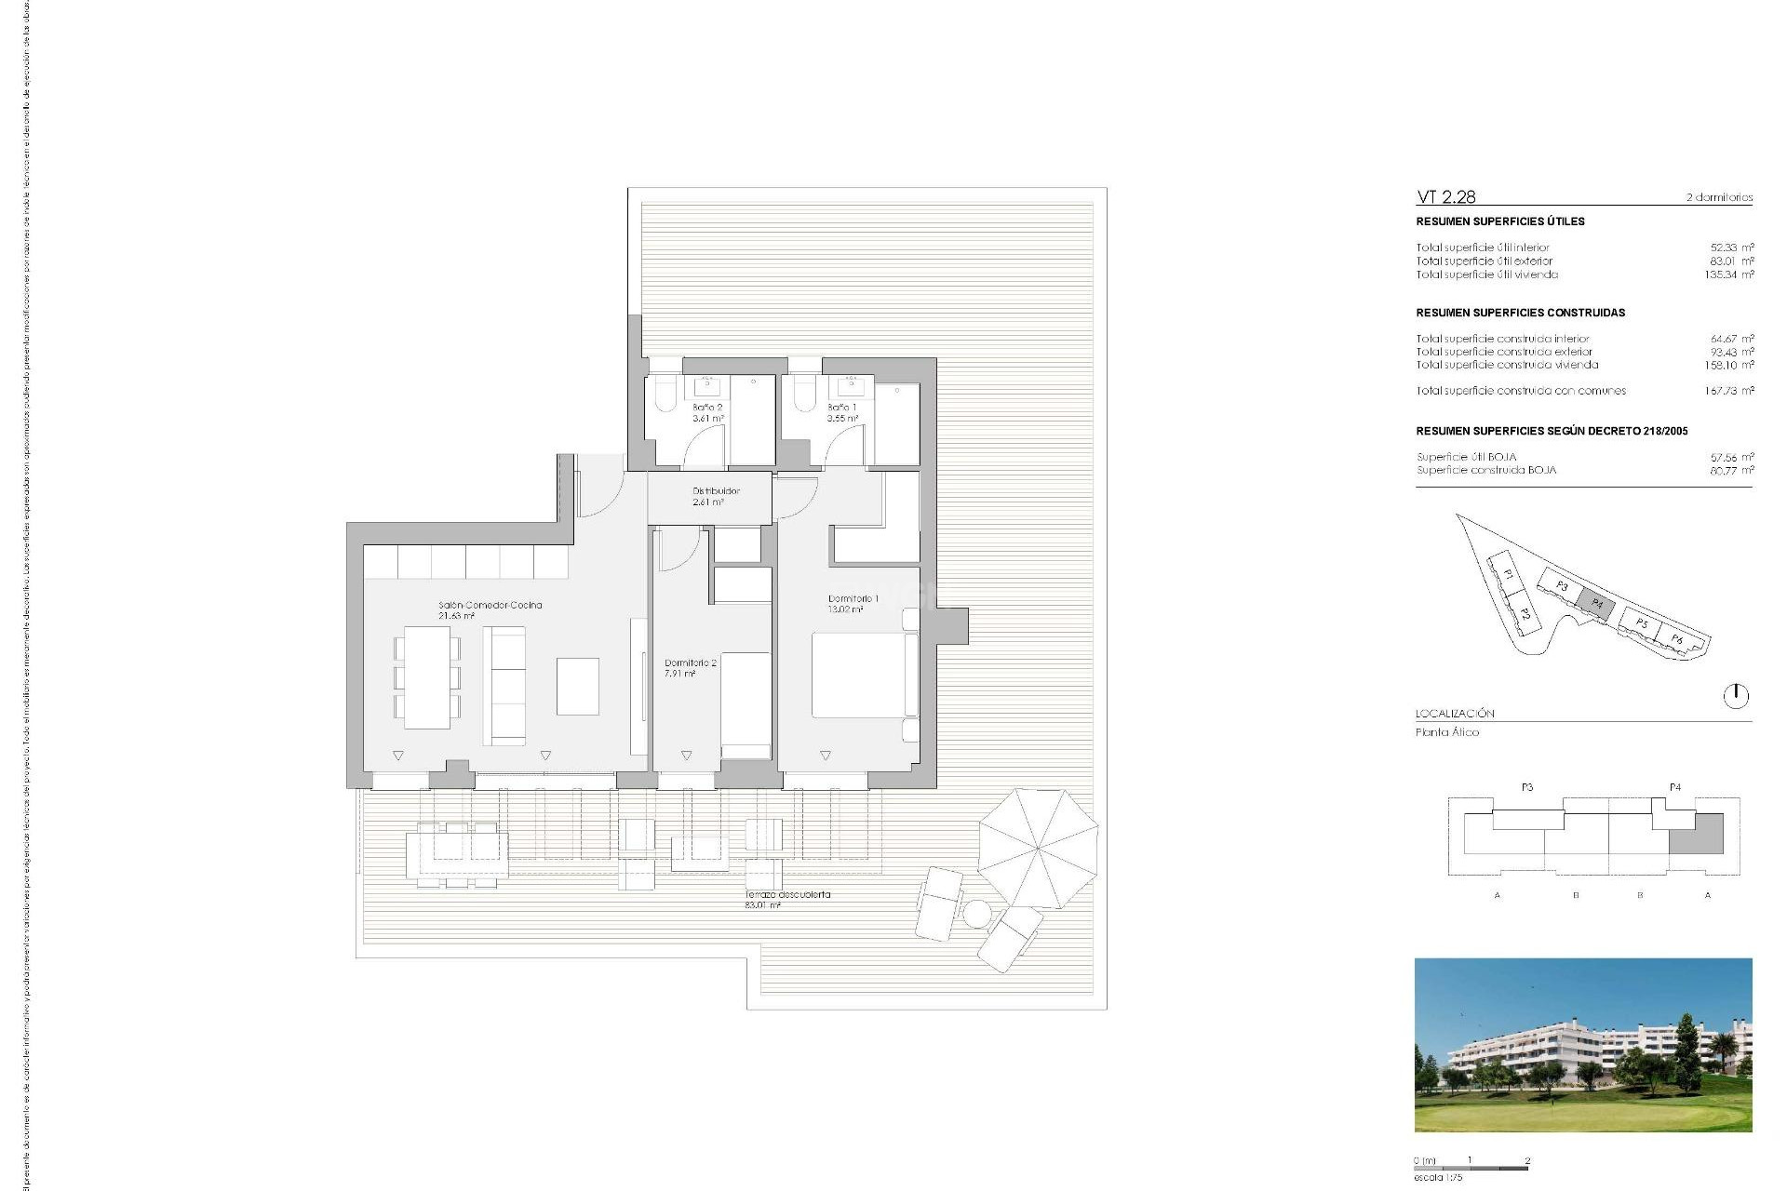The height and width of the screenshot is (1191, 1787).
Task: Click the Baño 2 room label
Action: coord(707,408)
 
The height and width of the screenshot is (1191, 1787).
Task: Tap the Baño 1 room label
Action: coord(842,408)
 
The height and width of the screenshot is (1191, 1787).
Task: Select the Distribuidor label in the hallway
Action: coord(716,491)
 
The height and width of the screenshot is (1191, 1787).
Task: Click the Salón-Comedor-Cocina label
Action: coord(490,606)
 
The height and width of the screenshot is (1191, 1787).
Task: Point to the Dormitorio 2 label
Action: coord(690,663)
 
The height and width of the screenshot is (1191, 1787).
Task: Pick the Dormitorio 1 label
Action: coord(853,599)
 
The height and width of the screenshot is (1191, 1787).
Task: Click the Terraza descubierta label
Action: coord(787,895)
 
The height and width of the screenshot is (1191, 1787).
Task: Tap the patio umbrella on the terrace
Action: coord(1038,848)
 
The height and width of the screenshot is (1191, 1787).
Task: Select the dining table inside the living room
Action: coord(427,676)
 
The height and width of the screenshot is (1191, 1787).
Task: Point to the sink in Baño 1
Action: coord(851,386)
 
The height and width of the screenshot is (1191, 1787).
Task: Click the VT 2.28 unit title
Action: coord(1445,197)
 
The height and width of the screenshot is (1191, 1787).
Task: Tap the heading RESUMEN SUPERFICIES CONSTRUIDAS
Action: coord(1520,314)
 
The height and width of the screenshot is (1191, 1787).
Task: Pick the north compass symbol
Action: coord(1736,696)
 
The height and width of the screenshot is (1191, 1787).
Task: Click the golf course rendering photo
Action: coord(1582,1045)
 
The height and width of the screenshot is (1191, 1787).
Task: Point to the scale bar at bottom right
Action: coord(1471,1168)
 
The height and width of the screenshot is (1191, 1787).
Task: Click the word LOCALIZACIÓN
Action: coord(1455,714)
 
